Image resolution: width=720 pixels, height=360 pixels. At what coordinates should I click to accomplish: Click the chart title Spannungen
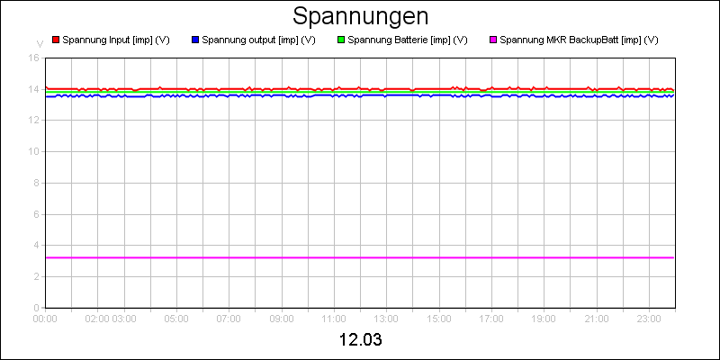click(x=360, y=16)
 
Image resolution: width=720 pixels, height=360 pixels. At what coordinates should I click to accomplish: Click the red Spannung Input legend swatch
click(x=56, y=40)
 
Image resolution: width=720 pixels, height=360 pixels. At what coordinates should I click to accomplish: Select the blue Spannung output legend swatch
click(x=195, y=40)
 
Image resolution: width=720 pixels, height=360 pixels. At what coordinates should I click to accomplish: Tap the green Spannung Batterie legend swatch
click(x=341, y=40)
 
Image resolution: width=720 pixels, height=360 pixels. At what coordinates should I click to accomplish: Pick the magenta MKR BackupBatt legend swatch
click(x=492, y=40)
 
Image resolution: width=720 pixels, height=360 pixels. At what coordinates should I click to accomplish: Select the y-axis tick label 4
click(x=36, y=245)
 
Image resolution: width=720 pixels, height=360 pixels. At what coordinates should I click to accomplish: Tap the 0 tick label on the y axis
click(x=36, y=307)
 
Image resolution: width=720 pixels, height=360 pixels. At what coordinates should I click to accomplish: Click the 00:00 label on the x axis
click(x=46, y=318)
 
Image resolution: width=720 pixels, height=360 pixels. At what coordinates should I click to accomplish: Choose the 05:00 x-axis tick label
click(x=176, y=318)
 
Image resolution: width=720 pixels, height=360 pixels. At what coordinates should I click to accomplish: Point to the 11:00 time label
click(x=334, y=318)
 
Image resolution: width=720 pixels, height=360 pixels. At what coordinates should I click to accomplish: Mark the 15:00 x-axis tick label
click(x=439, y=318)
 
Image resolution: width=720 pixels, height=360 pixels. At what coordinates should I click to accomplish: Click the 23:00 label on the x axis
click(x=649, y=318)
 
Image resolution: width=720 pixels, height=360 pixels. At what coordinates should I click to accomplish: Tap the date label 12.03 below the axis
click(x=360, y=342)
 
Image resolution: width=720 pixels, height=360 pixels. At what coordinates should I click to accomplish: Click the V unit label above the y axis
click(x=39, y=43)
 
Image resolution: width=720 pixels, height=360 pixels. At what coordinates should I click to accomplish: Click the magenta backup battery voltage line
click(x=360, y=258)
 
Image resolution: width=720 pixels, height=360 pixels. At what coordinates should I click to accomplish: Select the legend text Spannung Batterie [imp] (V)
click(x=407, y=40)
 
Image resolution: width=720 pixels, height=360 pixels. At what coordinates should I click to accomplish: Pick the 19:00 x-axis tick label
click(x=544, y=318)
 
